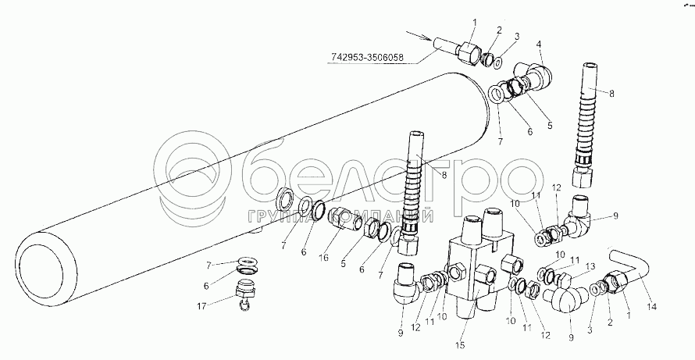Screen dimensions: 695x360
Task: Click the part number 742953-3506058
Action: point(368,57)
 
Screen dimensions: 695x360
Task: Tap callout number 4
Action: point(539,45)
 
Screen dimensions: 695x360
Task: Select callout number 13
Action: point(589,266)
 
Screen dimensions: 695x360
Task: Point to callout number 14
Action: point(652,306)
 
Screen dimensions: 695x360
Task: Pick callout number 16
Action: point(325,257)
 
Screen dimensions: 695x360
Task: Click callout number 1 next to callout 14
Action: point(629,315)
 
